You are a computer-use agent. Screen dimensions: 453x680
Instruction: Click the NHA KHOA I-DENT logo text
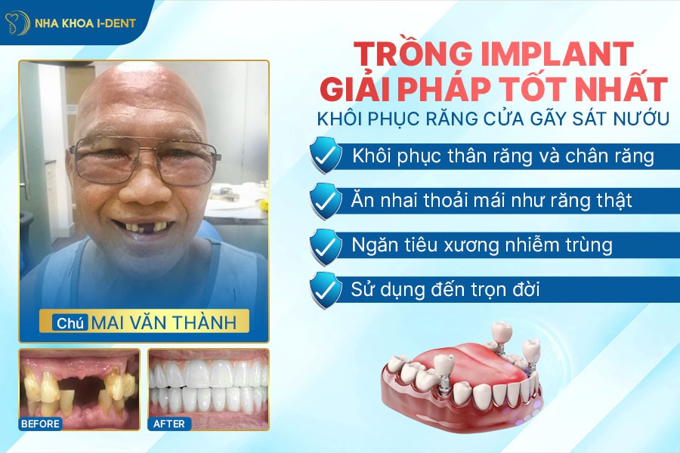(x=85, y=23)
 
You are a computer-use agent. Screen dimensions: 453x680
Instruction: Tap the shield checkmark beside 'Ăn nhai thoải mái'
(x=325, y=201)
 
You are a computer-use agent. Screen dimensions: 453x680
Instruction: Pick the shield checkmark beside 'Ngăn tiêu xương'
(x=325, y=245)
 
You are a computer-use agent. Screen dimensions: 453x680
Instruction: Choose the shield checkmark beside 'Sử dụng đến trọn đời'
(x=325, y=288)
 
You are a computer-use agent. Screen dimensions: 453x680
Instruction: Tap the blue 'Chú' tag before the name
(x=70, y=322)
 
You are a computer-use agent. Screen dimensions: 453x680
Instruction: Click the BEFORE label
(x=40, y=424)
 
